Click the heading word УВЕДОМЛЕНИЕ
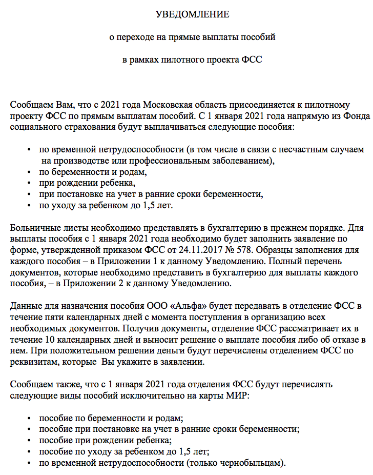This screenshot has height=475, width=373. tap(193, 14)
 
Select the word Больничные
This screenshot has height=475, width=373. tap(34, 227)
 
